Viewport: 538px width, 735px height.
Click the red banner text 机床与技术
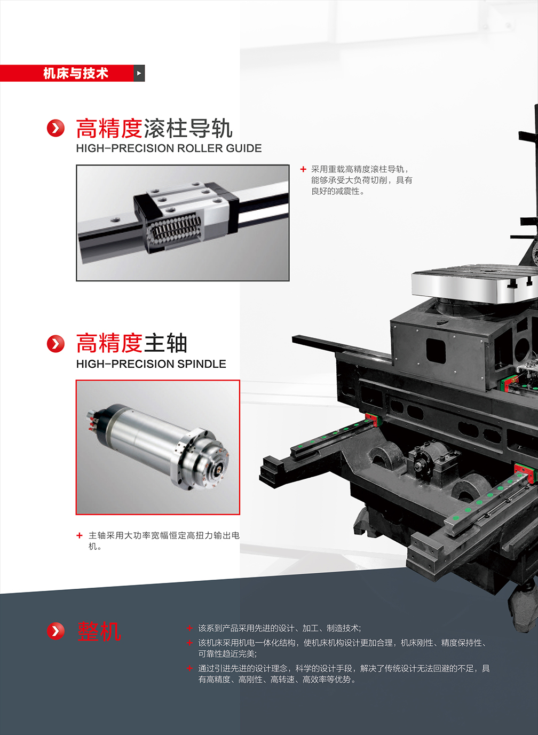[76, 73]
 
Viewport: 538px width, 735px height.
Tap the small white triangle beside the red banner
[139, 73]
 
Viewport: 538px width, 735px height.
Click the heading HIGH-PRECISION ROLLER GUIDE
[169, 148]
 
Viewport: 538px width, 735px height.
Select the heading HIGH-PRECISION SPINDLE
[151, 364]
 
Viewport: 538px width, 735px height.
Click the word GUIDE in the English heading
[244, 148]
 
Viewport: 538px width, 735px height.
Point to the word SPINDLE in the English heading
[201, 364]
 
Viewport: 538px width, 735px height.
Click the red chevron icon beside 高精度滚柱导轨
[56, 128]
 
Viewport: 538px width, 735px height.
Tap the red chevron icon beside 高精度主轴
[56, 344]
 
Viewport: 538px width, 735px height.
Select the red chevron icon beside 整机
[56, 631]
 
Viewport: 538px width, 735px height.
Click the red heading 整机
[99, 631]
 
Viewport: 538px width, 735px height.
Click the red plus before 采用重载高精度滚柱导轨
[303, 169]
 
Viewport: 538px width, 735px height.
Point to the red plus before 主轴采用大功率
[80, 535]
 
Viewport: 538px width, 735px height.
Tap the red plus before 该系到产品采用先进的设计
[189, 628]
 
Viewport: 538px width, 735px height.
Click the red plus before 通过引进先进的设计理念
[189, 668]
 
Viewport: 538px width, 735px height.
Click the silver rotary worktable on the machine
[474, 284]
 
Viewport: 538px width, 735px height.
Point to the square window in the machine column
[436, 351]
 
